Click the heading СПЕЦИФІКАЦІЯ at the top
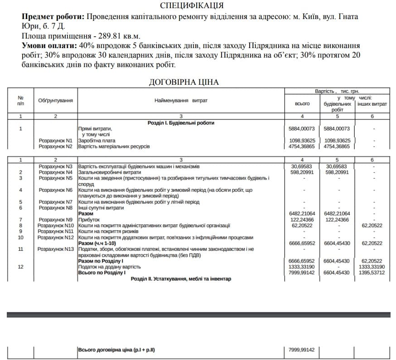[x=192, y=6]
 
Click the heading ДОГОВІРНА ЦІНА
[x=184, y=82]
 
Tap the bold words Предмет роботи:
[x=53, y=16]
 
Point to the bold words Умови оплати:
[x=49, y=46]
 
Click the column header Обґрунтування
[x=55, y=100]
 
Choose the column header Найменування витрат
[x=181, y=100]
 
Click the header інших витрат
[x=372, y=104]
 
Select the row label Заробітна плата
[x=97, y=141]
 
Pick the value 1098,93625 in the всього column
[x=302, y=141]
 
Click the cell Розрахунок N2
[x=55, y=146]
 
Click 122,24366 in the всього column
[x=302, y=219]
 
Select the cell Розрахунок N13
[x=55, y=249]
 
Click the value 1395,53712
[x=372, y=272]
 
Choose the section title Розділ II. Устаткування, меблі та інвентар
[x=181, y=278]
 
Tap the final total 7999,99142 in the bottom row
[x=301, y=350]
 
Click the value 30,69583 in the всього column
[x=302, y=166]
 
